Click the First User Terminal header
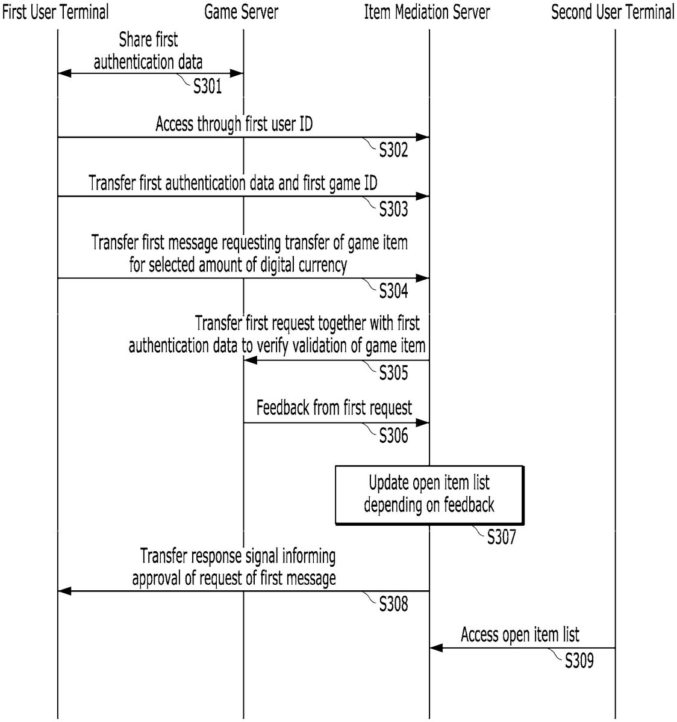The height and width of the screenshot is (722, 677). pyautogui.click(x=55, y=12)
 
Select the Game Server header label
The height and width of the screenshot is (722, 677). pyautogui.click(x=241, y=12)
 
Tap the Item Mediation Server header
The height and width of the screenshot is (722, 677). pyautogui.click(x=427, y=12)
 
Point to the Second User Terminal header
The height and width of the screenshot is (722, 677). pyautogui.click(x=613, y=12)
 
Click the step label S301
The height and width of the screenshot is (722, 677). pyautogui.click(x=207, y=87)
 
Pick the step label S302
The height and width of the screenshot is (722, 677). pyautogui.click(x=393, y=150)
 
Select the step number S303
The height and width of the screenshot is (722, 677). pyautogui.click(x=393, y=209)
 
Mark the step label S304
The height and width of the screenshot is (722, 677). pyautogui.click(x=393, y=291)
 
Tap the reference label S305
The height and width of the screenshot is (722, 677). pyautogui.click(x=393, y=373)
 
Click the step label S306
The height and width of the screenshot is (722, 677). pyautogui.click(x=393, y=436)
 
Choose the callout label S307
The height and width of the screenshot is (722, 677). pyautogui.click(x=501, y=537)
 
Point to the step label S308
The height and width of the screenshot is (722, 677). pyautogui.click(x=393, y=604)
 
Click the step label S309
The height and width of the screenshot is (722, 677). pyautogui.click(x=579, y=661)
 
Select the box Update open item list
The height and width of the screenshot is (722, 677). pyautogui.click(x=429, y=494)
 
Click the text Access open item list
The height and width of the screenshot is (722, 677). pyautogui.click(x=520, y=635)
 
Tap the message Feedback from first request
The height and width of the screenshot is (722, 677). pyautogui.click(x=334, y=408)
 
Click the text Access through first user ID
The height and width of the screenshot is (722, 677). pyautogui.click(x=234, y=125)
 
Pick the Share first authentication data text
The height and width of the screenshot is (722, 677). pyautogui.click(x=148, y=51)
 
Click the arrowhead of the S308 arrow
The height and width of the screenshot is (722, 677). pyautogui.click(x=64, y=591)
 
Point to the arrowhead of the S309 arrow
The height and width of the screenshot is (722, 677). pyautogui.click(x=435, y=648)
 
